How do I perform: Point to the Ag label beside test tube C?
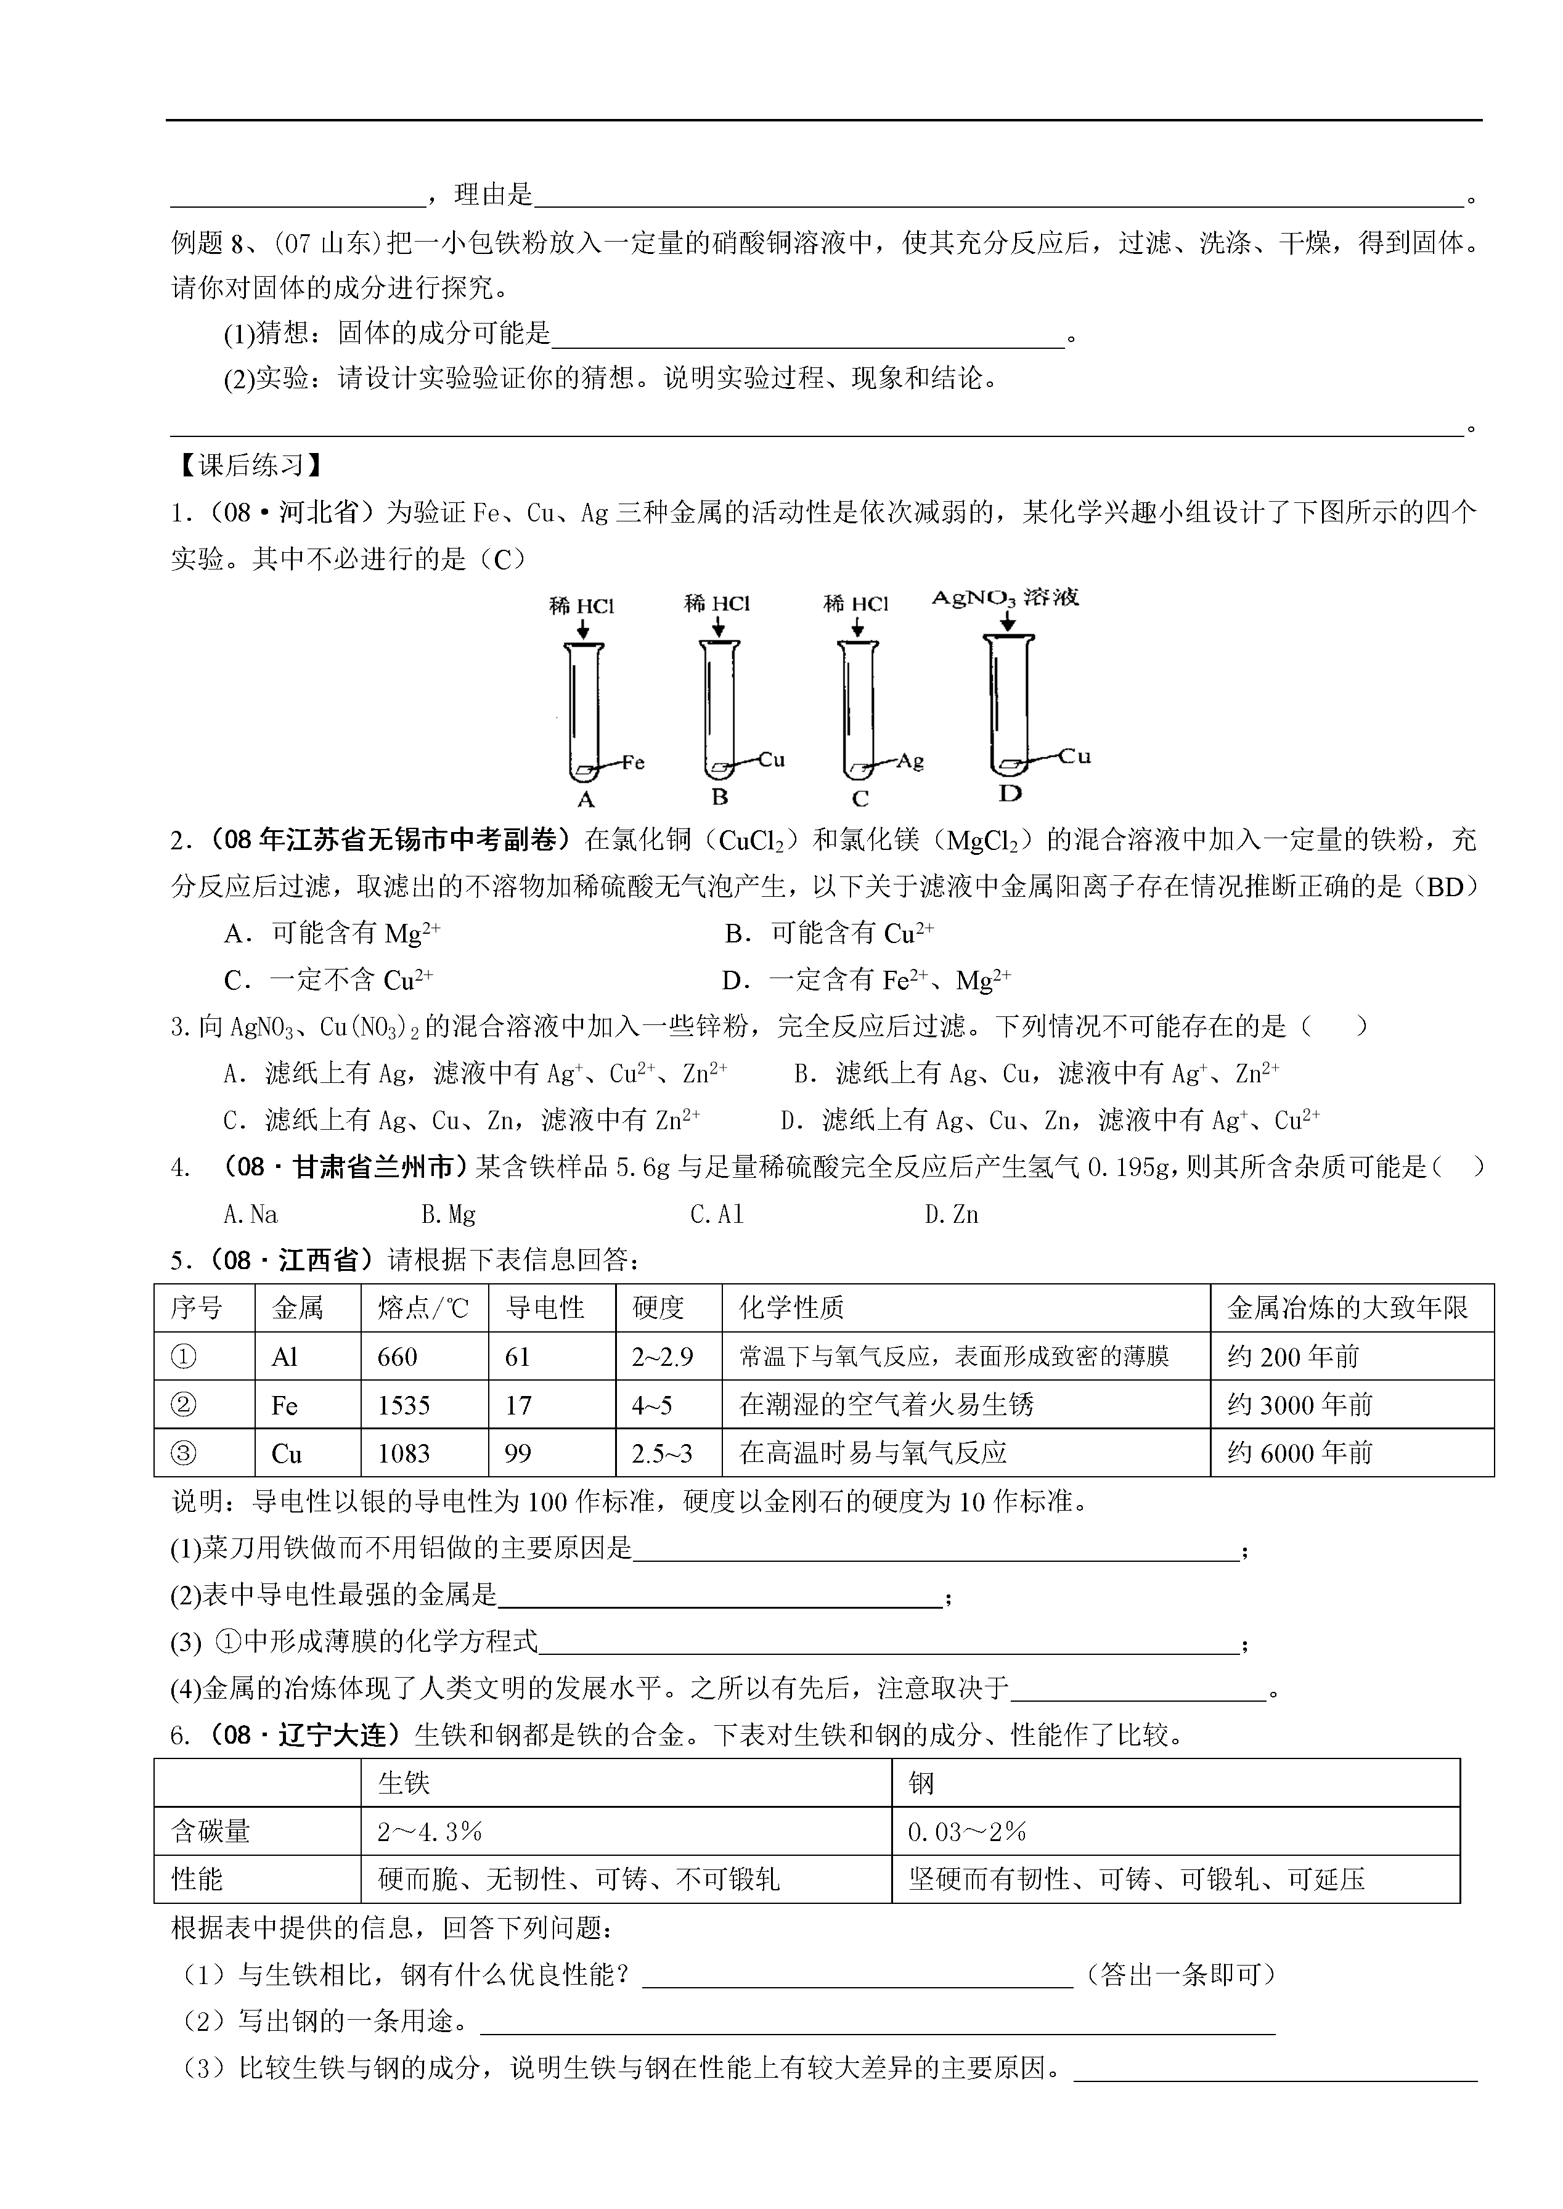click(910, 761)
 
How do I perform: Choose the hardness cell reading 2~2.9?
click(662, 1357)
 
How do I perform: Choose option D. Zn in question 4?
click(951, 1215)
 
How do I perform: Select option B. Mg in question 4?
click(449, 1215)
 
